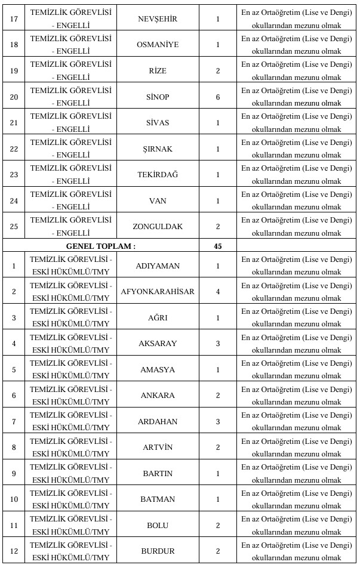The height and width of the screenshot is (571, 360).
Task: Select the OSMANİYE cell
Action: pos(158,45)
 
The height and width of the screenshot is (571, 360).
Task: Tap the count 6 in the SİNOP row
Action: pos(218,97)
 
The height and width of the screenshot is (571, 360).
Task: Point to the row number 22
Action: pos(13,149)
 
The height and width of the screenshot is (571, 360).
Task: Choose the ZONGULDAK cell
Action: pos(158,227)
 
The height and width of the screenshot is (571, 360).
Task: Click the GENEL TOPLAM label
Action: pos(101,245)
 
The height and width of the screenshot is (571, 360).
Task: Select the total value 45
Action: pos(218,245)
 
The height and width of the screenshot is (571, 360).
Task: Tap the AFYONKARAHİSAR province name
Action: pos(158,292)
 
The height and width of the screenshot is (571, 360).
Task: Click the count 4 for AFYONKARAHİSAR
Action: pos(218,292)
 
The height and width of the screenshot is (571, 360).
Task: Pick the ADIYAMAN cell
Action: pos(158,266)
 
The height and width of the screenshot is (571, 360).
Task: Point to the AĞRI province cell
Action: pos(158,317)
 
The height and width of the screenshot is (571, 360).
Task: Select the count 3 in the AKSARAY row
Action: pos(218,344)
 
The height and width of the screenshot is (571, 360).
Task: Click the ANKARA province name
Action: pos(158,396)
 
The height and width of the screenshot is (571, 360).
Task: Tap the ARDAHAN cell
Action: pos(158,421)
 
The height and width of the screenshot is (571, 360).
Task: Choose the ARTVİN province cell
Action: pos(158,447)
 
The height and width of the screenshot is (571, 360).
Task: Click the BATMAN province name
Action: pos(158,499)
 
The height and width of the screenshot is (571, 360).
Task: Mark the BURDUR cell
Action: pos(158,551)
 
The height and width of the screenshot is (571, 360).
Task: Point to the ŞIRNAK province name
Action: pos(158,149)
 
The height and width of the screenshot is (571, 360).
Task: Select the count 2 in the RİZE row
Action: pos(218,71)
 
